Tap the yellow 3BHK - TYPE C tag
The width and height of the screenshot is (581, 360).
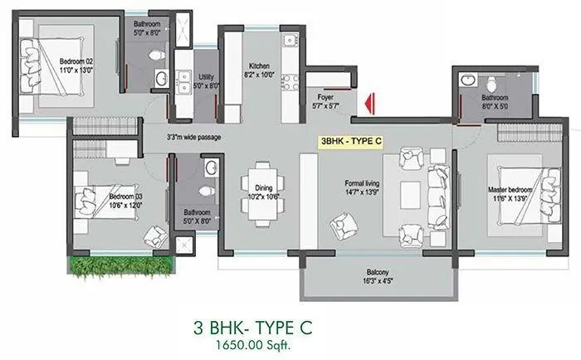point(351,141)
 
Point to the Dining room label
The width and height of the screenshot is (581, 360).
point(261,193)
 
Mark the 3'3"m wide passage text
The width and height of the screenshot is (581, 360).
point(193,138)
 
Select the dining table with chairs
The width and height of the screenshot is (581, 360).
point(262,198)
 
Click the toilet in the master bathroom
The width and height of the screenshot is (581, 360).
point(491,85)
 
